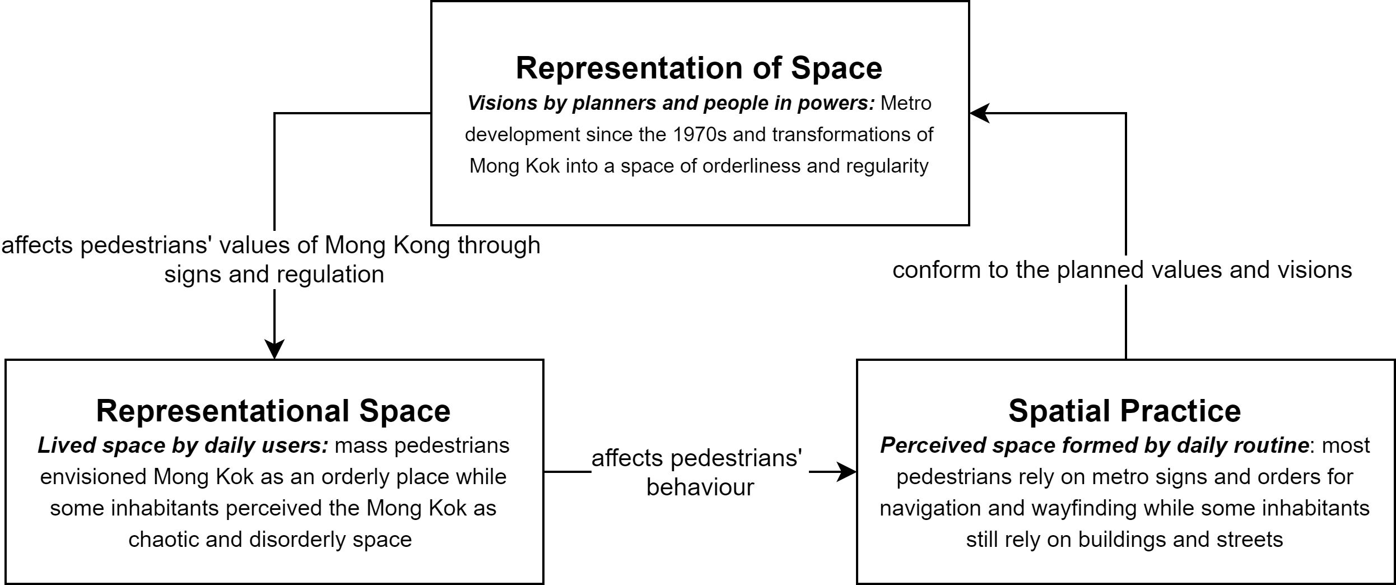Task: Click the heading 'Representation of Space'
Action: click(x=699, y=68)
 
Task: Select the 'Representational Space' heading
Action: click(x=273, y=411)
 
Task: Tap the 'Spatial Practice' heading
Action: click(x=1125, y=411)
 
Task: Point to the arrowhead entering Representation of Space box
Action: click(x=979, y=113)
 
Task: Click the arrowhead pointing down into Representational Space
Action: click(x=274, y=349)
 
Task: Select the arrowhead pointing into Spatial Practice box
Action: click(x=846, y=472)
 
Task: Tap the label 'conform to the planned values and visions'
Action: click(x=1122, y=270)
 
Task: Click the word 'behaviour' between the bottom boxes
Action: click(x=700, y=487)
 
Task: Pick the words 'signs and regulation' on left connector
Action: click(x=274, y=275)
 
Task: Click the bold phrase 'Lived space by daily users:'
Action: click(x=183, y=445)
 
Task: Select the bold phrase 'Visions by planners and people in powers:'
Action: click(x=671, y=104)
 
